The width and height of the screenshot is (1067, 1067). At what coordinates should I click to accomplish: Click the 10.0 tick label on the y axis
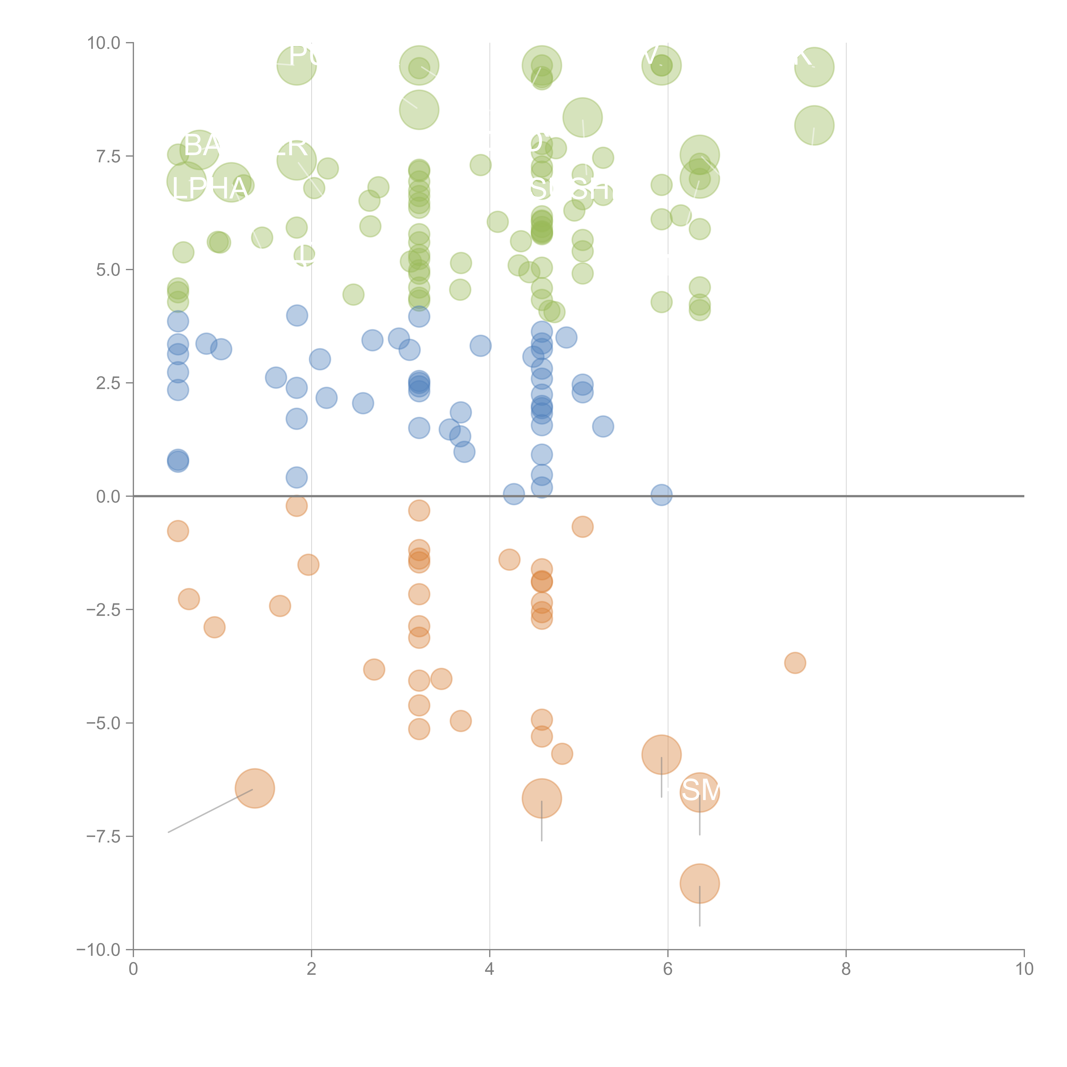click(x=104, y=43)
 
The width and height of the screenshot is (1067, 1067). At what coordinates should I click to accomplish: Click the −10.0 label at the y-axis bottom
click(x=99, y=950)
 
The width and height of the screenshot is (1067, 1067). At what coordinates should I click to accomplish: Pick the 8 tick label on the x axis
click(x=846, y=969)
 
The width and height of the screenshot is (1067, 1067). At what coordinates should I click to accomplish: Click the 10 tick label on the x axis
click(x=1024, y=969)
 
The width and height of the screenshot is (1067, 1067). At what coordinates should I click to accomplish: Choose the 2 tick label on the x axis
click(x=312, y=969)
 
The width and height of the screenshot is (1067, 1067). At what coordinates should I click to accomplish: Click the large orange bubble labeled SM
click(x=700, y=792)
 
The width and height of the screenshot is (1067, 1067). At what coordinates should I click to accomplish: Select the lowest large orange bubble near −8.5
click(x=700, y=883)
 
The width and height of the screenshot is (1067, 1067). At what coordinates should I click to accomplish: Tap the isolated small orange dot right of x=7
click(x=795, y=663)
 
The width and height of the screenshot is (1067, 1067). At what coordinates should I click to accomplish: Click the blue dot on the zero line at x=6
click(x=661, y=495)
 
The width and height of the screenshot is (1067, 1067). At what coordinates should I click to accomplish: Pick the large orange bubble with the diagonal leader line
click(x=255, y=788)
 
